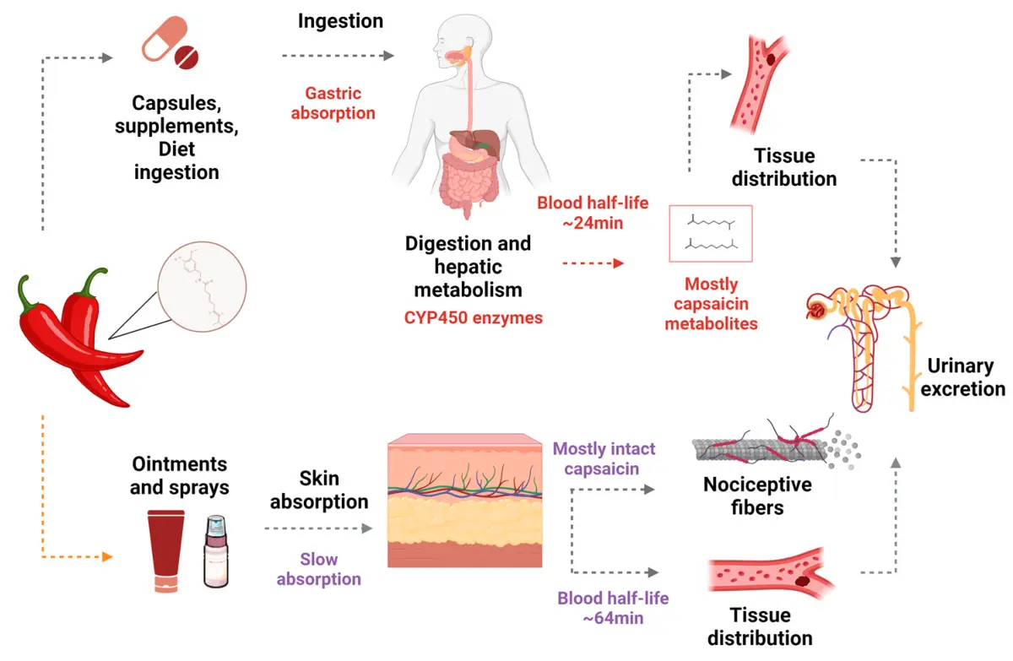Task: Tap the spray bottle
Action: pyautogui.click(x=216, y=552)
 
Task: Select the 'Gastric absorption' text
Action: pyautogui.click(x=333, y=103)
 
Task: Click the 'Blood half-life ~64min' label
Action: pyautogui.click(x=613, y=608)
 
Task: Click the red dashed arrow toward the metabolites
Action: pyautogui.click(x=594, y=263)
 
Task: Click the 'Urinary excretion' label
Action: pyautogui.click(x=962, y=377)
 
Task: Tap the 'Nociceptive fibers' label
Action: pyautogui.click(x=757, y=496)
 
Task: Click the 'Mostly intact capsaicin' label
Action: pyautogui.click(x=604, y=458)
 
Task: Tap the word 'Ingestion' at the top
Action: pyautogui.click(x=340, y=20)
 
